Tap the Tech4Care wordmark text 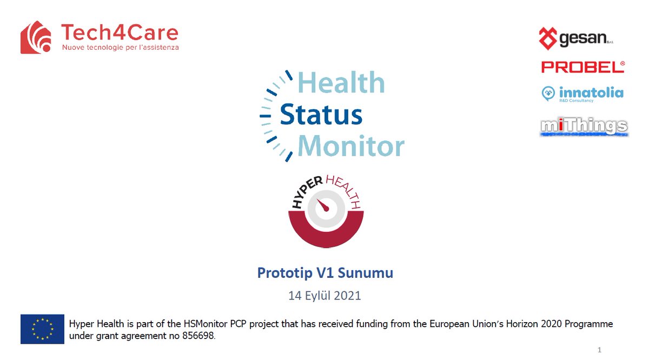click(x=120, y=33)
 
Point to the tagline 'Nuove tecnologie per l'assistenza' click(x=120, y=48)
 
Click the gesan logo click(x=577, y=38)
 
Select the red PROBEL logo click(x=583, y=67)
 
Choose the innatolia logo click(x=582, y=94)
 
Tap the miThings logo click(x=584, y=127)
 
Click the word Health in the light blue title click(x=341, y=83)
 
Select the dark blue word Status click(x=321, y=115)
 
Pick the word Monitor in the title click(x=350, y=146)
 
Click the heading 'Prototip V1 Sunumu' click(x=325, y=273)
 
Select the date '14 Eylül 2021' click(x=325, y=296)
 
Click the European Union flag click(x=42, y=329)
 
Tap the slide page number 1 click(x=600, y=350)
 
